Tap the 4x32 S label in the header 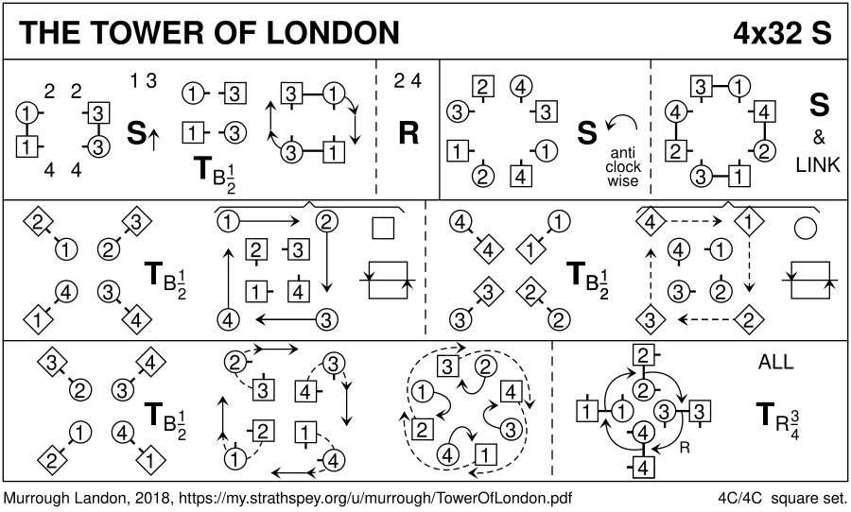(x=781, y=33)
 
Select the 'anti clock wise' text (x=624, y=166)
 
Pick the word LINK (x=818, y=164)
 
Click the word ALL (x=776, y=362)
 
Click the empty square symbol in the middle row (x=382, y=227)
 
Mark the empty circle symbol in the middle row (x=807, y=227)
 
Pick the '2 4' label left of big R (x=408, y=81)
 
